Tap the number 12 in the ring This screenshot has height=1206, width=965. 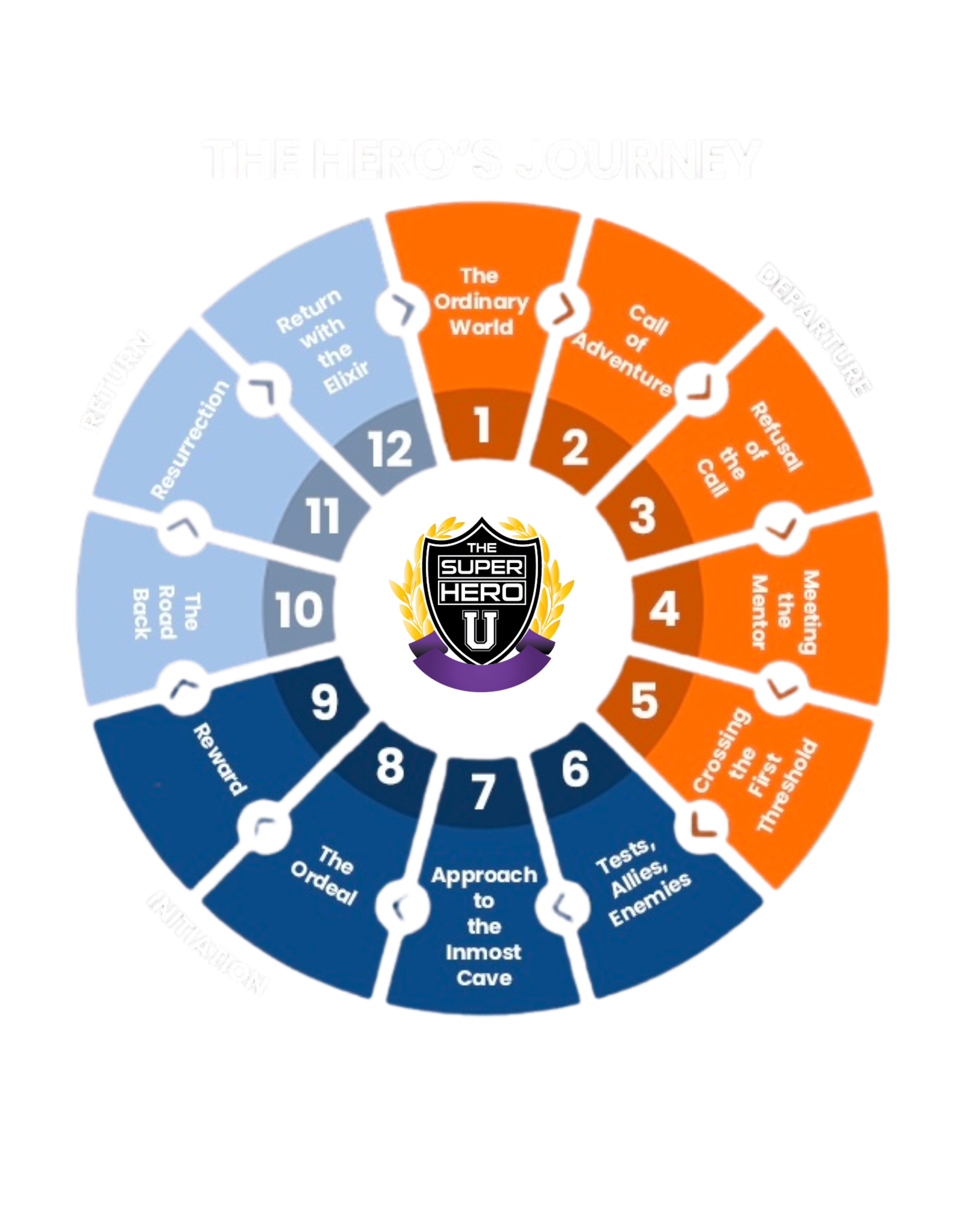pyautogui.click(x=390, y=449)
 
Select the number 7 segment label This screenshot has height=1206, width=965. pyautogui.click(x=483, y=792)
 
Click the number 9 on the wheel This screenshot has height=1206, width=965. pyautogui.click(x=325, y=702)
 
